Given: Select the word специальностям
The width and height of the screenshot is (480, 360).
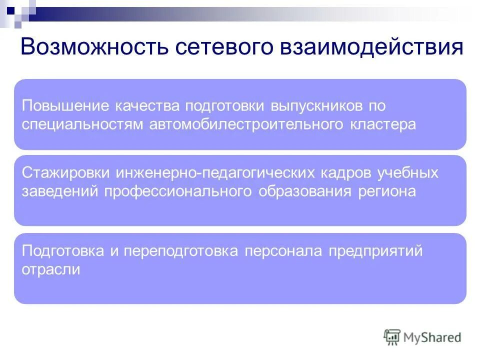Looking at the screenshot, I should (x=83, y=124).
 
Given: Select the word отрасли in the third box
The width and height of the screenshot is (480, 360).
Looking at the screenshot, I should (x=51, y=269).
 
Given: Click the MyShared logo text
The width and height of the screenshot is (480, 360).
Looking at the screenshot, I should (x=433, y=337).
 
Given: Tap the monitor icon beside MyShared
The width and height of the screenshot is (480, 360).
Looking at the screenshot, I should (x=392, y=337).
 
